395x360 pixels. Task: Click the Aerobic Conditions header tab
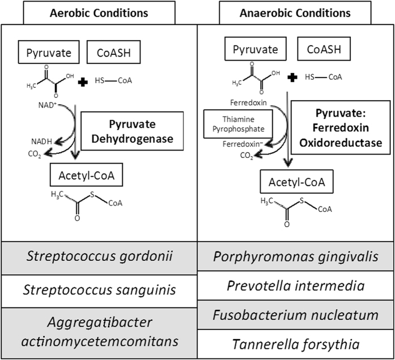[x=99, y=12]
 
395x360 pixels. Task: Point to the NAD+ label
[x=40, y=104]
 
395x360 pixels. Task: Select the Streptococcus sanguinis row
[x=99, y=290]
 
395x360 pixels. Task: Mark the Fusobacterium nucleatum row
[x=295, y=315]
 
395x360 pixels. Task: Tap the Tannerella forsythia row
[x=295, y=344]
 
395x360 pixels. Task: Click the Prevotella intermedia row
[x=295, y=286]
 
